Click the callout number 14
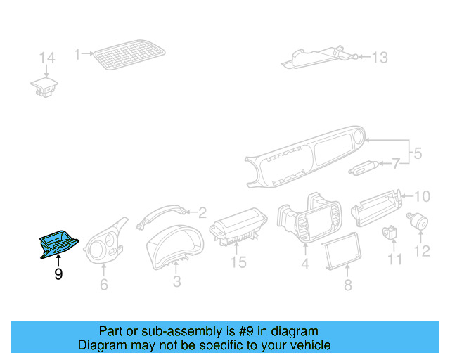(x=46, y=57)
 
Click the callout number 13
(x=379, y=58)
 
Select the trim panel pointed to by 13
(x=316, y=56)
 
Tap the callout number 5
(x=417, y=152)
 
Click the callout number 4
(x=305, y=265)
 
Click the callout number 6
(x=104, y=285)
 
